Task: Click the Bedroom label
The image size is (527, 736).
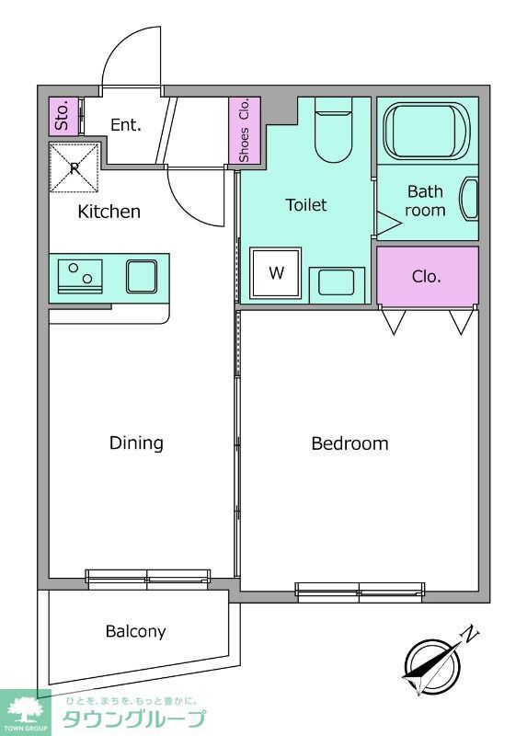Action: click(x=349, y=443)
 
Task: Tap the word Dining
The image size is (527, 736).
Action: click(x=136, y=443)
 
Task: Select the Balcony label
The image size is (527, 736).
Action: click(x=135, y=631)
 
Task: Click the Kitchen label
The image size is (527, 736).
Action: click(x=109, y=212)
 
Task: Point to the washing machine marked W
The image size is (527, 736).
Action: click(x=276, y=272)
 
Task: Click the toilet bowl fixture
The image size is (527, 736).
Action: click(x=333, y=130)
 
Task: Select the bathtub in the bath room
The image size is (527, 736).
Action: click(x=427, y=131)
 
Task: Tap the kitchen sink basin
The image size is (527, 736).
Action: click(x=142, y=277)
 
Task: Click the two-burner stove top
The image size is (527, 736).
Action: click(x=80, y=276)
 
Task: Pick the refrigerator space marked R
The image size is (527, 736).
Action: click(x=74, y=167)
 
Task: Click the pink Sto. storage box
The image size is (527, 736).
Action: click(x=63, y=116)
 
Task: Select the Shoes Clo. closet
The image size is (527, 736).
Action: click(x=244, y=131)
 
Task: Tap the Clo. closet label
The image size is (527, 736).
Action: click(x=427, y=277)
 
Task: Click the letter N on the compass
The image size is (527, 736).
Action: click(x=471, y=635)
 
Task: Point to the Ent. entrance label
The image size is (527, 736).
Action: click(x=126, y=125)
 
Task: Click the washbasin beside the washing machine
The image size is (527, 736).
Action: click(x=337, y=283)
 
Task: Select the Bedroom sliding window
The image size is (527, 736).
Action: click(x=360, y=592)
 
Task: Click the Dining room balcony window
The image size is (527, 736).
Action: click(x=148, y=580)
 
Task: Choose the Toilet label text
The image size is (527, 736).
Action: click(x=306, y=205)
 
